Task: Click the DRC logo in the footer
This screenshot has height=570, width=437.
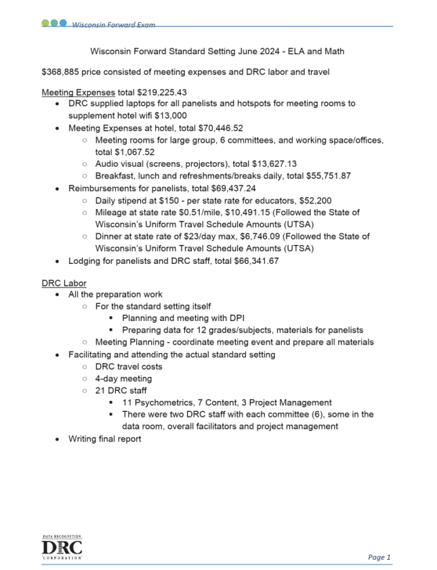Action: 62,546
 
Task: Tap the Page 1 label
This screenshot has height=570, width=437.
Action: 379,557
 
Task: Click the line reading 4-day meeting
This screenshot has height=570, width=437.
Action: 123,378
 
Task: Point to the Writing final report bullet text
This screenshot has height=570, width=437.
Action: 105,439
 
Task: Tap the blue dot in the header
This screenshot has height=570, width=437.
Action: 64,22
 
